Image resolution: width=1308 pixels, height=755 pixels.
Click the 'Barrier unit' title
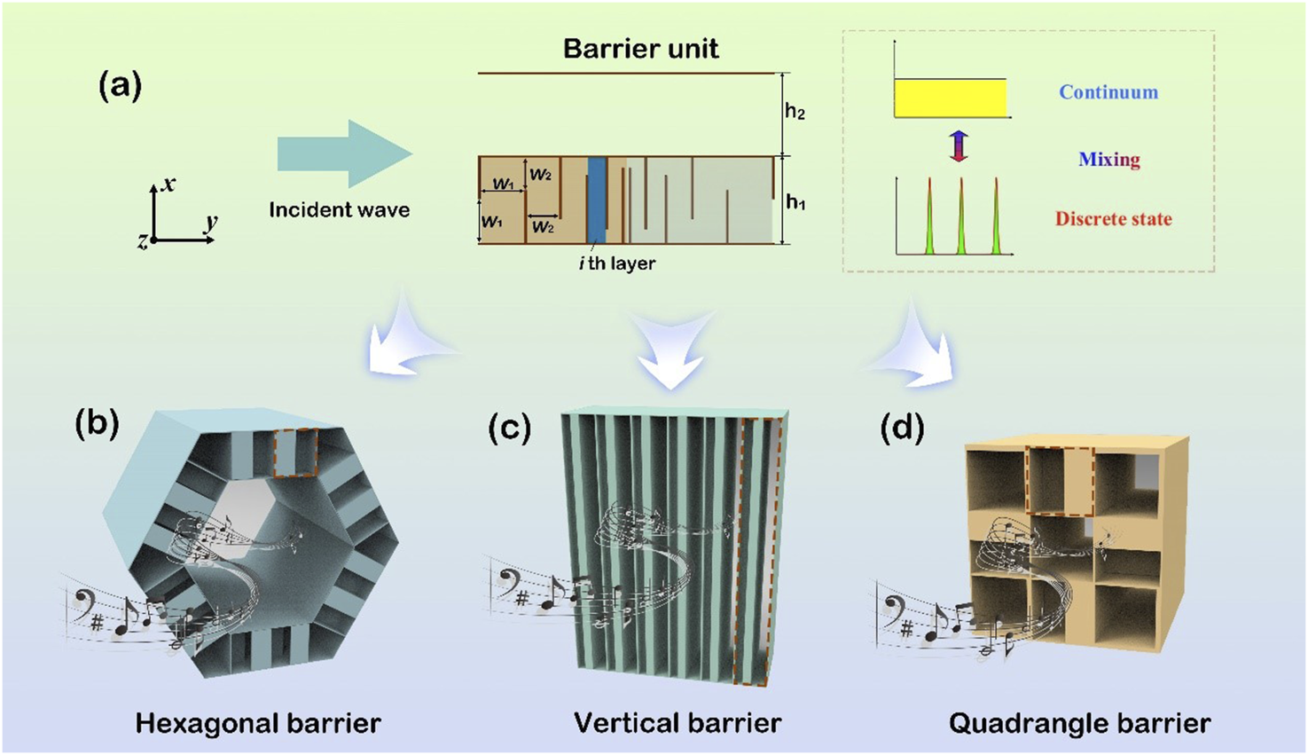coord(640,48)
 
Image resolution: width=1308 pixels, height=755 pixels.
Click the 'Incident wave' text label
coord(339,210)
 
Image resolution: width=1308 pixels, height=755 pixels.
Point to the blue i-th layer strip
coord(596,200)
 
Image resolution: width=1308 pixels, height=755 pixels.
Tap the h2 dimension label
coord(795,113)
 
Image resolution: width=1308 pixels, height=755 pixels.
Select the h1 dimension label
coord(795,202)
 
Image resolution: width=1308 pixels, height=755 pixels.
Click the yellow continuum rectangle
coord(950,98)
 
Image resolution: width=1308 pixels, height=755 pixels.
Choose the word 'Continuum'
coord(1108,92)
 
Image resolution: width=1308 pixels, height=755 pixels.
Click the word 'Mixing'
coord(1108,160)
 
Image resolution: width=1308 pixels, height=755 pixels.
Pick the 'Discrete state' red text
coord(1113,219)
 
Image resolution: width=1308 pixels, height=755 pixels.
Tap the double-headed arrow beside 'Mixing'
coord(958,146)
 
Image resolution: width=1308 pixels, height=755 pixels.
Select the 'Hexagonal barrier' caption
coord(258,723)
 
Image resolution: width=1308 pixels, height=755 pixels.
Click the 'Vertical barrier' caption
coord(677,723)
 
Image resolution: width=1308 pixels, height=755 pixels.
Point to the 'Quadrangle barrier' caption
coord(1079,723)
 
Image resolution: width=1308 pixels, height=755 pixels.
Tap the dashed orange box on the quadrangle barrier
coord(1060,481)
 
